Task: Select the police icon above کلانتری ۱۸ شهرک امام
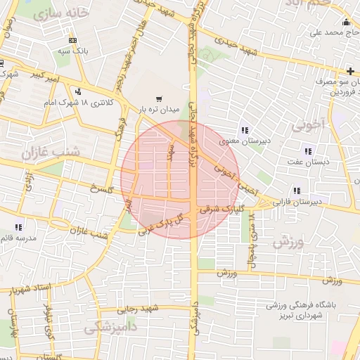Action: click(76, 92)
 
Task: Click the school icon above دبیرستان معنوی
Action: click(244, 130)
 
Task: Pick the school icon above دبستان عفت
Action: click(307, 150)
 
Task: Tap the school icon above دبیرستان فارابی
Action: click(296, 190)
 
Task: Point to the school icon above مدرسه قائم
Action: click(18, 227)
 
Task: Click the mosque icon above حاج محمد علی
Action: click(345, 22)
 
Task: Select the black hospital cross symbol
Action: click(350, 72)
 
